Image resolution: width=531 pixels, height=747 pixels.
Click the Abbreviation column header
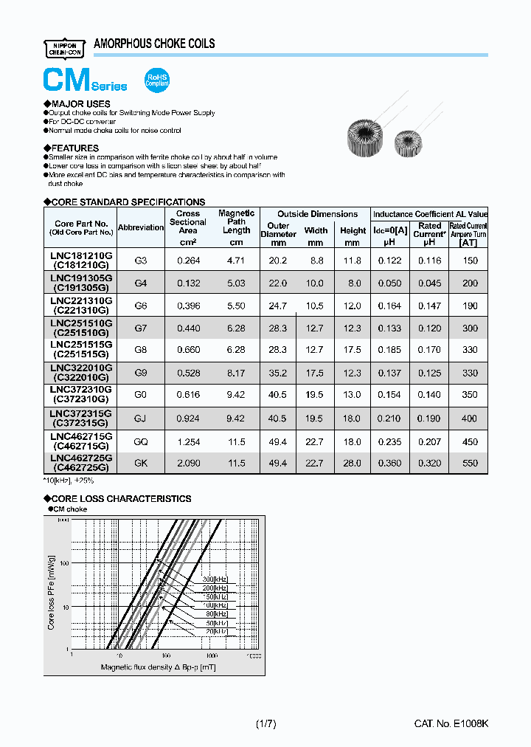tap(141, 227)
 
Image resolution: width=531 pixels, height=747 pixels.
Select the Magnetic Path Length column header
tap(236, 221)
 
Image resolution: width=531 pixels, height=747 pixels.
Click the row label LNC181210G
tap(81, 255)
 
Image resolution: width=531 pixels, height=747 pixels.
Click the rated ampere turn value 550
tap(469, 463)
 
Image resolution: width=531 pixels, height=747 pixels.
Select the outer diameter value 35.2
tap(277, 373)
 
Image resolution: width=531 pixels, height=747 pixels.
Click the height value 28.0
tap(353, 463)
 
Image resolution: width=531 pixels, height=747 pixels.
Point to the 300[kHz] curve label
tap(215, 579)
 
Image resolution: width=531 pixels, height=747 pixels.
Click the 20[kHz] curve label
tap(217, 632)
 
